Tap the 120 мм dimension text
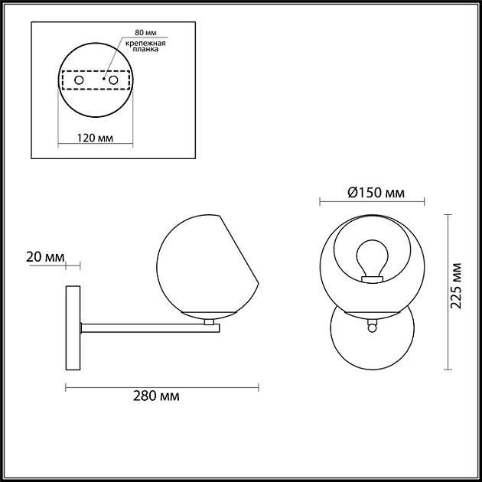tap(96, 138)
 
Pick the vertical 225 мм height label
tap(457, 285)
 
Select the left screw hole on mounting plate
tap(78, 80)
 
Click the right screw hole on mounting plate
tap(113, 80)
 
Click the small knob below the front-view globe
tap(372, 327)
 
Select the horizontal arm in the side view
tap(149, 327)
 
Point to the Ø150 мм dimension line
tap(372, 202)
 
